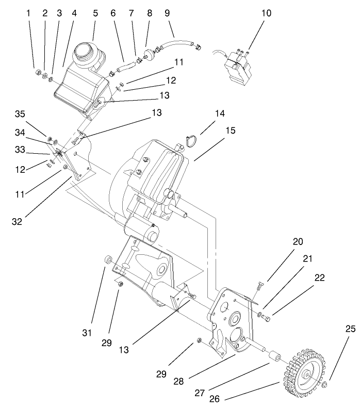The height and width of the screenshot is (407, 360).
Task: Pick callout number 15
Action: (230, 131)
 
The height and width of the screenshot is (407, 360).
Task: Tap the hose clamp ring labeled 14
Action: (191, 139)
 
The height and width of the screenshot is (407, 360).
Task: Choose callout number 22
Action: (319, 278)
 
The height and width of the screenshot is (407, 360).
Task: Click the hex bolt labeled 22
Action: (267, 315)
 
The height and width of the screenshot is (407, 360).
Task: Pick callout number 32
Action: (18, 221)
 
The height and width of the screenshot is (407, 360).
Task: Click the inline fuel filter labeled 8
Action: (150, 53)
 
